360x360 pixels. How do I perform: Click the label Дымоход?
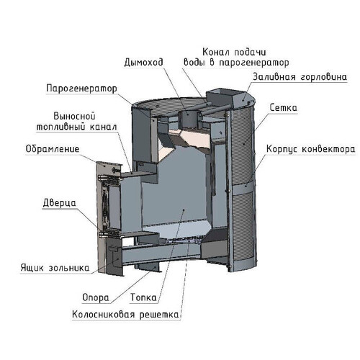pos(143,63)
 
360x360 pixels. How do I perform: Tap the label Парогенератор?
pos(82,89)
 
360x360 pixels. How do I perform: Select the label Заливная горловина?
pos(300,77)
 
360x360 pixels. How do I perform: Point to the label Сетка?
pos(284,107)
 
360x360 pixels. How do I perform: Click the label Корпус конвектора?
pos(310,149)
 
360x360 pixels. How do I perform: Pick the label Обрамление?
pos(53,149)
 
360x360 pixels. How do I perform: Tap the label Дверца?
pos(60,203)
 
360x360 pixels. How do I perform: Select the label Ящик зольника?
pos(55,268)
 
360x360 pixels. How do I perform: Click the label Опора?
pos(96,297)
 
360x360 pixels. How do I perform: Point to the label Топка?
pos(143,297)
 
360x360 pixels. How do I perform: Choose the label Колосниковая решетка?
pos(125,315)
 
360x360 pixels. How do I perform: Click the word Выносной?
pos(74,116)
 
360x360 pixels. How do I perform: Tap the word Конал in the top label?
pos(216,52)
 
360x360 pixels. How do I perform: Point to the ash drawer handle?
pos(114,250)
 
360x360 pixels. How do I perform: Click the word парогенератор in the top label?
pos(254,63)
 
